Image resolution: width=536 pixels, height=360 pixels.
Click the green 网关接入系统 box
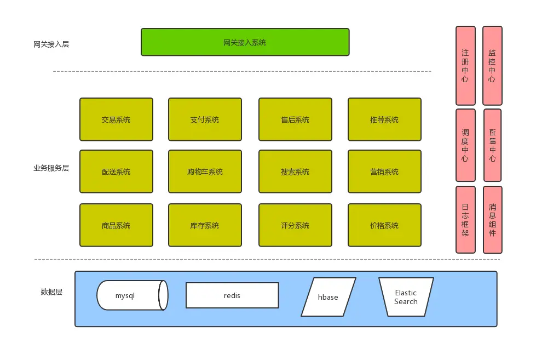245,42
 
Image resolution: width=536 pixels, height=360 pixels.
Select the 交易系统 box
116,119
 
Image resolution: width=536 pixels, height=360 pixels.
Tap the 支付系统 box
205,119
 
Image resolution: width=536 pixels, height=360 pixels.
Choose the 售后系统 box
295,119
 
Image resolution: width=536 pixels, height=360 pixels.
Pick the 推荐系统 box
384,119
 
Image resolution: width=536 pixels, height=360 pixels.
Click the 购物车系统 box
205,172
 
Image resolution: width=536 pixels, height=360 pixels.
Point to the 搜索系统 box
295,172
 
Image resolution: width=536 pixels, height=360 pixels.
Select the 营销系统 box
384,172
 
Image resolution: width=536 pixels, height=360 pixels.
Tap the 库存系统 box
205,225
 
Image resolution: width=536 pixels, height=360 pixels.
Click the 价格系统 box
384,225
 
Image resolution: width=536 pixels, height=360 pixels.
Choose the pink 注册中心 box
465,66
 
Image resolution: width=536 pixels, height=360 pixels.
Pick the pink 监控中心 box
492,66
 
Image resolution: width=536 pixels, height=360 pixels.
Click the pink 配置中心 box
492,145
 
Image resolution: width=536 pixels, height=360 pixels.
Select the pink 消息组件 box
492,220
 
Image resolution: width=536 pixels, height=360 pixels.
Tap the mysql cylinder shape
131,295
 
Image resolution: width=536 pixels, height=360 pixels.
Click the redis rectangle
232,295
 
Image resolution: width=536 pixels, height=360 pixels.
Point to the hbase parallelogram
328,297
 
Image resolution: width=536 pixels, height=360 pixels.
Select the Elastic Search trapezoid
406,297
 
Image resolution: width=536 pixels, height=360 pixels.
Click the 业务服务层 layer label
51,168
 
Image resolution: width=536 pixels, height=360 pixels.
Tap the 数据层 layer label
51,292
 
